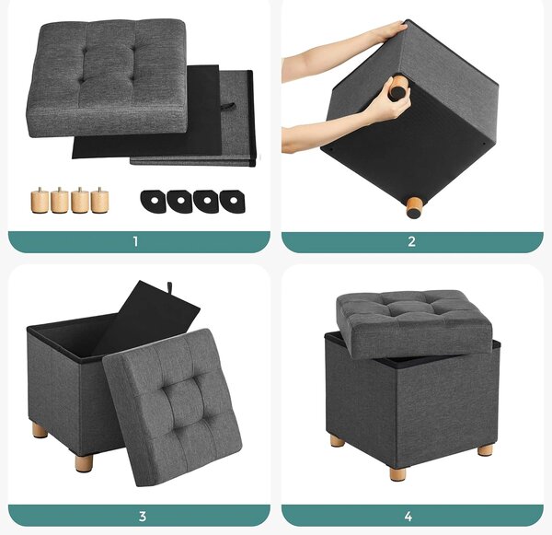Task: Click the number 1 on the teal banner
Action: click(x=135, y=242)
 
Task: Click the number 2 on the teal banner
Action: click(x=411, y=242)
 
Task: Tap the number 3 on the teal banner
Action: click(x=143, y=517)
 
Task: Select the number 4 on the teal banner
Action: click(x=408, y=517)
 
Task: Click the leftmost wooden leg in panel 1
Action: click(x=39, y=201)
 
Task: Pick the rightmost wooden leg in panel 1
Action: click(x=100, y=200)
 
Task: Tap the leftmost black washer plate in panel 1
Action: click(x=154, y=202)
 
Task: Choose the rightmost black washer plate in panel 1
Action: click(x=233, y=202)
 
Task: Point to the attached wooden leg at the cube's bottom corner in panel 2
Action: click(x=415, y=208)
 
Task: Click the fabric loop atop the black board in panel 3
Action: click(x=169, y=285)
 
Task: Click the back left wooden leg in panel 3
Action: click(x=40, y=431)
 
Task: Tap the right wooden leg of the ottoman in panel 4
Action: click(x=485, y=450)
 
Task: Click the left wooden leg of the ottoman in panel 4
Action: click(x=338, y=440)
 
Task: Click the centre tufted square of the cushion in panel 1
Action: click(x=107, y=64)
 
